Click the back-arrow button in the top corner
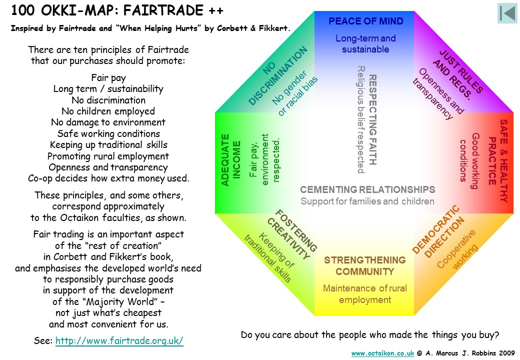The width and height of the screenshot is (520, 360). click(507, 13)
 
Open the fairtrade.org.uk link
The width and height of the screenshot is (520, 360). click(119, 341)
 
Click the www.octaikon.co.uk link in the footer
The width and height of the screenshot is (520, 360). click(382, 353)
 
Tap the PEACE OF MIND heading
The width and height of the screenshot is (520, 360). click(366, 21)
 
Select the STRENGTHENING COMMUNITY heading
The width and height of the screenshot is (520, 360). click(365, 266)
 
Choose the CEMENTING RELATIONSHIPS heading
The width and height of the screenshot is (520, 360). click(367, 189)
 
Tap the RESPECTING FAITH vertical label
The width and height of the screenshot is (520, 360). click(373, 119)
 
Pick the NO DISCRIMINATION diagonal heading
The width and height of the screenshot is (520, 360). click(278, 76)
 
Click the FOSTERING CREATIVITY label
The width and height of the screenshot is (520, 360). click(292, 234)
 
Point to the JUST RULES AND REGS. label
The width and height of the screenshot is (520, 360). click(457, 74)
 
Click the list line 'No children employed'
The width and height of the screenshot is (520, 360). click(108, 111)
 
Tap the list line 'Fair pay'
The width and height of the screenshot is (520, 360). click(108, 78)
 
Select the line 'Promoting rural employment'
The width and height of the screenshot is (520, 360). click(108, 156)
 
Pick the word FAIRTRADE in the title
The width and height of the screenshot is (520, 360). click(163, 10)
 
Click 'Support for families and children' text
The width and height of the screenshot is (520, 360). click(367, 201)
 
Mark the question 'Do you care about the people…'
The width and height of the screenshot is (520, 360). click(370, 335)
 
